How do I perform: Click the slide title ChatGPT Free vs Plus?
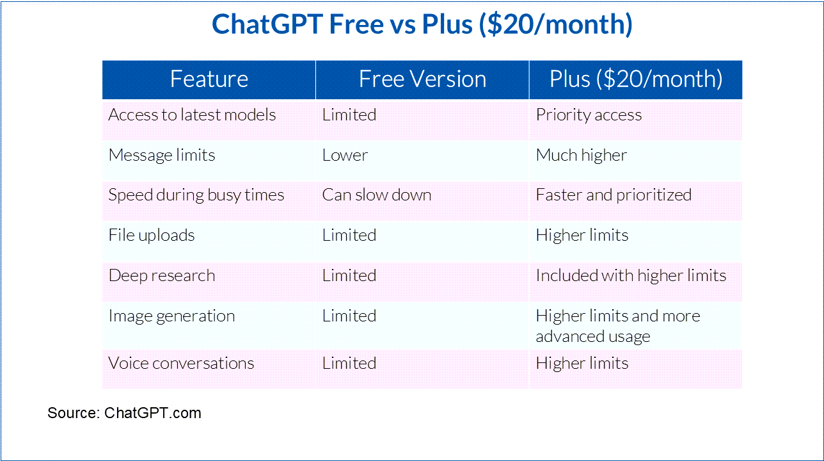(422, 24)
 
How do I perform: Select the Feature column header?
(209, 79)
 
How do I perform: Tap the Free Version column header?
(422, 79)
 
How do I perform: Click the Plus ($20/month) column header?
(636, 79)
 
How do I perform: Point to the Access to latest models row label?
(192, 115)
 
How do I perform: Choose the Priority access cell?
(589, 115)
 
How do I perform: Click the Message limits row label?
(162, 156)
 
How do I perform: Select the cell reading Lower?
(345, 156)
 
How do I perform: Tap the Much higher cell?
(581, 156)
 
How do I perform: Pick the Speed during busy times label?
(196, 195)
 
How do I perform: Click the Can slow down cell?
(377, 195)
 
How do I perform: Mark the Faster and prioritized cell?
(614, 195)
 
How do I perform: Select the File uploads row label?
(151, 235)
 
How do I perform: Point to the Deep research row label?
(162, 276)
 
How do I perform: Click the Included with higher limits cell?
(631, 276)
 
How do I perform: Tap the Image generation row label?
(171, 316)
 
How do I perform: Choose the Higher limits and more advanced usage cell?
(618, 327)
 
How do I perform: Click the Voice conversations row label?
(181, 364)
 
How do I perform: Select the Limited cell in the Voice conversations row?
(349, 364)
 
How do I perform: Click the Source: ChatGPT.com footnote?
(124, 413)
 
